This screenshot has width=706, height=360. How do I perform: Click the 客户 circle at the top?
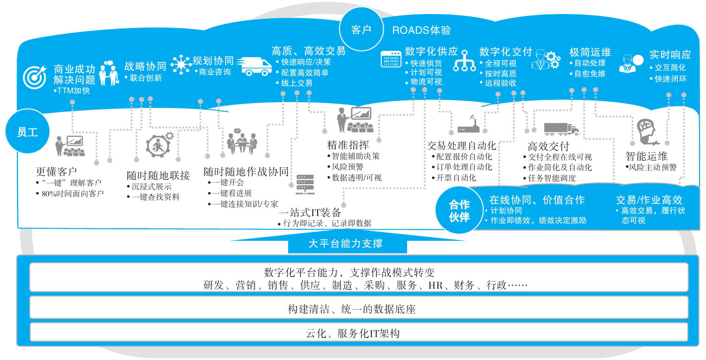[361, 30]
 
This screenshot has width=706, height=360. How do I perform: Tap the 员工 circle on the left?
[28, 131]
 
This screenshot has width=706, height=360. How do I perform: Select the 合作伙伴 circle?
[459, 210]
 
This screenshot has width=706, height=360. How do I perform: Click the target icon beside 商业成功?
[35, 77]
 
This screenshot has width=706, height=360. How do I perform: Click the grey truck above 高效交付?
[562, 129]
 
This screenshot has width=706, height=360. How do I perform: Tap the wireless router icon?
[468, 124]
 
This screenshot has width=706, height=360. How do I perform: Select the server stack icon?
[305, 184]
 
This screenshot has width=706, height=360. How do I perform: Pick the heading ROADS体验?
[421, 30]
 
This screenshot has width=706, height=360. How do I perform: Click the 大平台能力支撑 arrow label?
[345, 243]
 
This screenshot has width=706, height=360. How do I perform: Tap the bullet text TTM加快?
[72, 91]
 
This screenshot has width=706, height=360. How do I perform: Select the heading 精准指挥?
[348, 145]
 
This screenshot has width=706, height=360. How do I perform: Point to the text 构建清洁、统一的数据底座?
[352, 309]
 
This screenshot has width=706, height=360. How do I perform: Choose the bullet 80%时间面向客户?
[70, 194]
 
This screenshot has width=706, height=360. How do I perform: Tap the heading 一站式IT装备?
[310, 212]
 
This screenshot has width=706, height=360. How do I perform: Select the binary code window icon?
[391, 59]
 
